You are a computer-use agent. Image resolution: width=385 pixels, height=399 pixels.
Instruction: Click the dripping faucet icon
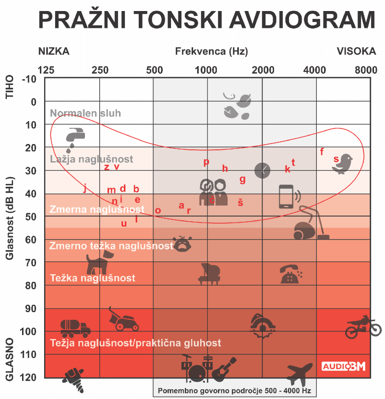(72, 136)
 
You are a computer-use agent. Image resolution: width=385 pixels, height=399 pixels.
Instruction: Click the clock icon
(262, 169)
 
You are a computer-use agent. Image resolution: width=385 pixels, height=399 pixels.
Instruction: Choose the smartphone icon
(287, 196)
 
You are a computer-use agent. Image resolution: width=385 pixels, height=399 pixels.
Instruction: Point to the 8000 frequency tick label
(366, 70)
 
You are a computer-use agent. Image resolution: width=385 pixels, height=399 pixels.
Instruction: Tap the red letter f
(322, 152)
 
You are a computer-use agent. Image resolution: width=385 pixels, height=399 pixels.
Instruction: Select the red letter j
(85, 188)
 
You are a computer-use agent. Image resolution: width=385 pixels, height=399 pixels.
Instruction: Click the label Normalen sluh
(85, 113)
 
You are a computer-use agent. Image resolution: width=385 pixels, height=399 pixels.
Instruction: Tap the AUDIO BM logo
(343, 366)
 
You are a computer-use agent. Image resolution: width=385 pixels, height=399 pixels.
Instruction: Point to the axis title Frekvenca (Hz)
(212, 51)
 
